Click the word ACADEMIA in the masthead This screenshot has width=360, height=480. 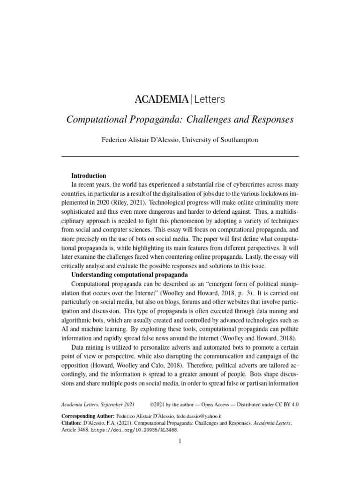point(162,99)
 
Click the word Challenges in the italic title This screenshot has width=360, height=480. point(212,119)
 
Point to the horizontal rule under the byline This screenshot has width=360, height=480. point(180,156)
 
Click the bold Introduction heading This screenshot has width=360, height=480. point(89,176)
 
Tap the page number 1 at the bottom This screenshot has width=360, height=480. point(180,441)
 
